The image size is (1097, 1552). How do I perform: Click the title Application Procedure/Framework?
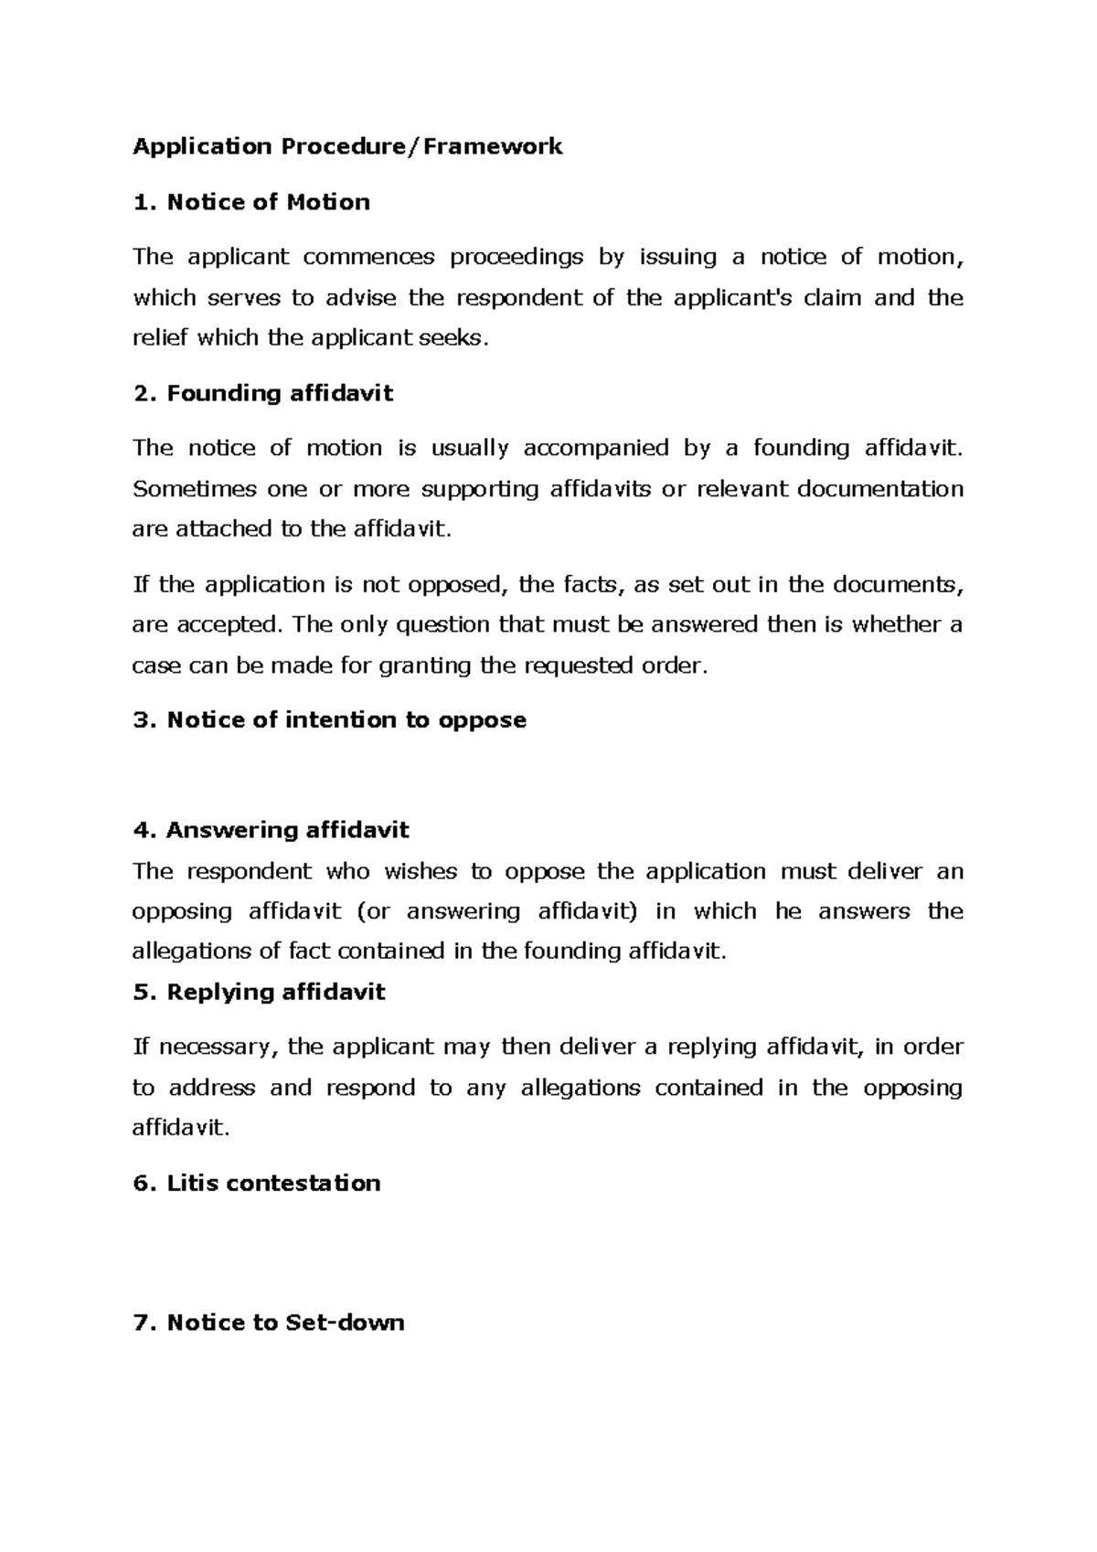(x=347, y=146)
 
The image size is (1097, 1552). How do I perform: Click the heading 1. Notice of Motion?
(x=251, y=202)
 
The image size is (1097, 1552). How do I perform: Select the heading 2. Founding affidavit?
(x=262, y=393)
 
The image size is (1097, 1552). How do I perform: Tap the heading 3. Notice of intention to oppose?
(x=329, y=720)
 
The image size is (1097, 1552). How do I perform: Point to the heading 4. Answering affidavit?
(x=271, y=830)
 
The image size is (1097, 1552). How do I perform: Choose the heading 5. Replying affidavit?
(x=259, y=992)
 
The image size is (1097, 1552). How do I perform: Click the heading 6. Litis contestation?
(x=256, y=1183)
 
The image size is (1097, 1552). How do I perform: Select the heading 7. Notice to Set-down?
(x=268, y=1323)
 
